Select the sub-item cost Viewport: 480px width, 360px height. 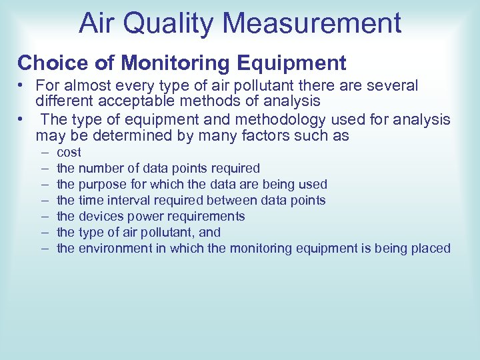tap(69, 153)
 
